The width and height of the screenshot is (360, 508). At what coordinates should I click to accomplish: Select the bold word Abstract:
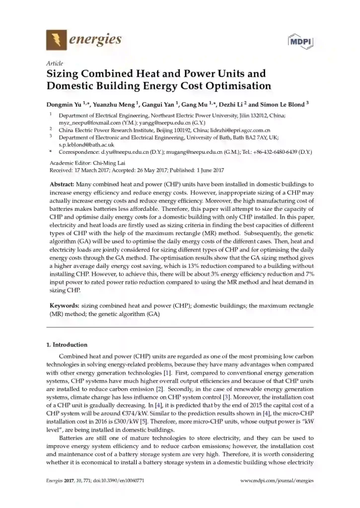point(62,184)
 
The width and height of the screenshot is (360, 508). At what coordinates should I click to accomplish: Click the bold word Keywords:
point(64,306)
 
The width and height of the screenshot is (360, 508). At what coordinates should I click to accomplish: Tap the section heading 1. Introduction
point(67,345)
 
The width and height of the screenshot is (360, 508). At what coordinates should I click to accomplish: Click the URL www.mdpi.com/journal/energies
point(277,481)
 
